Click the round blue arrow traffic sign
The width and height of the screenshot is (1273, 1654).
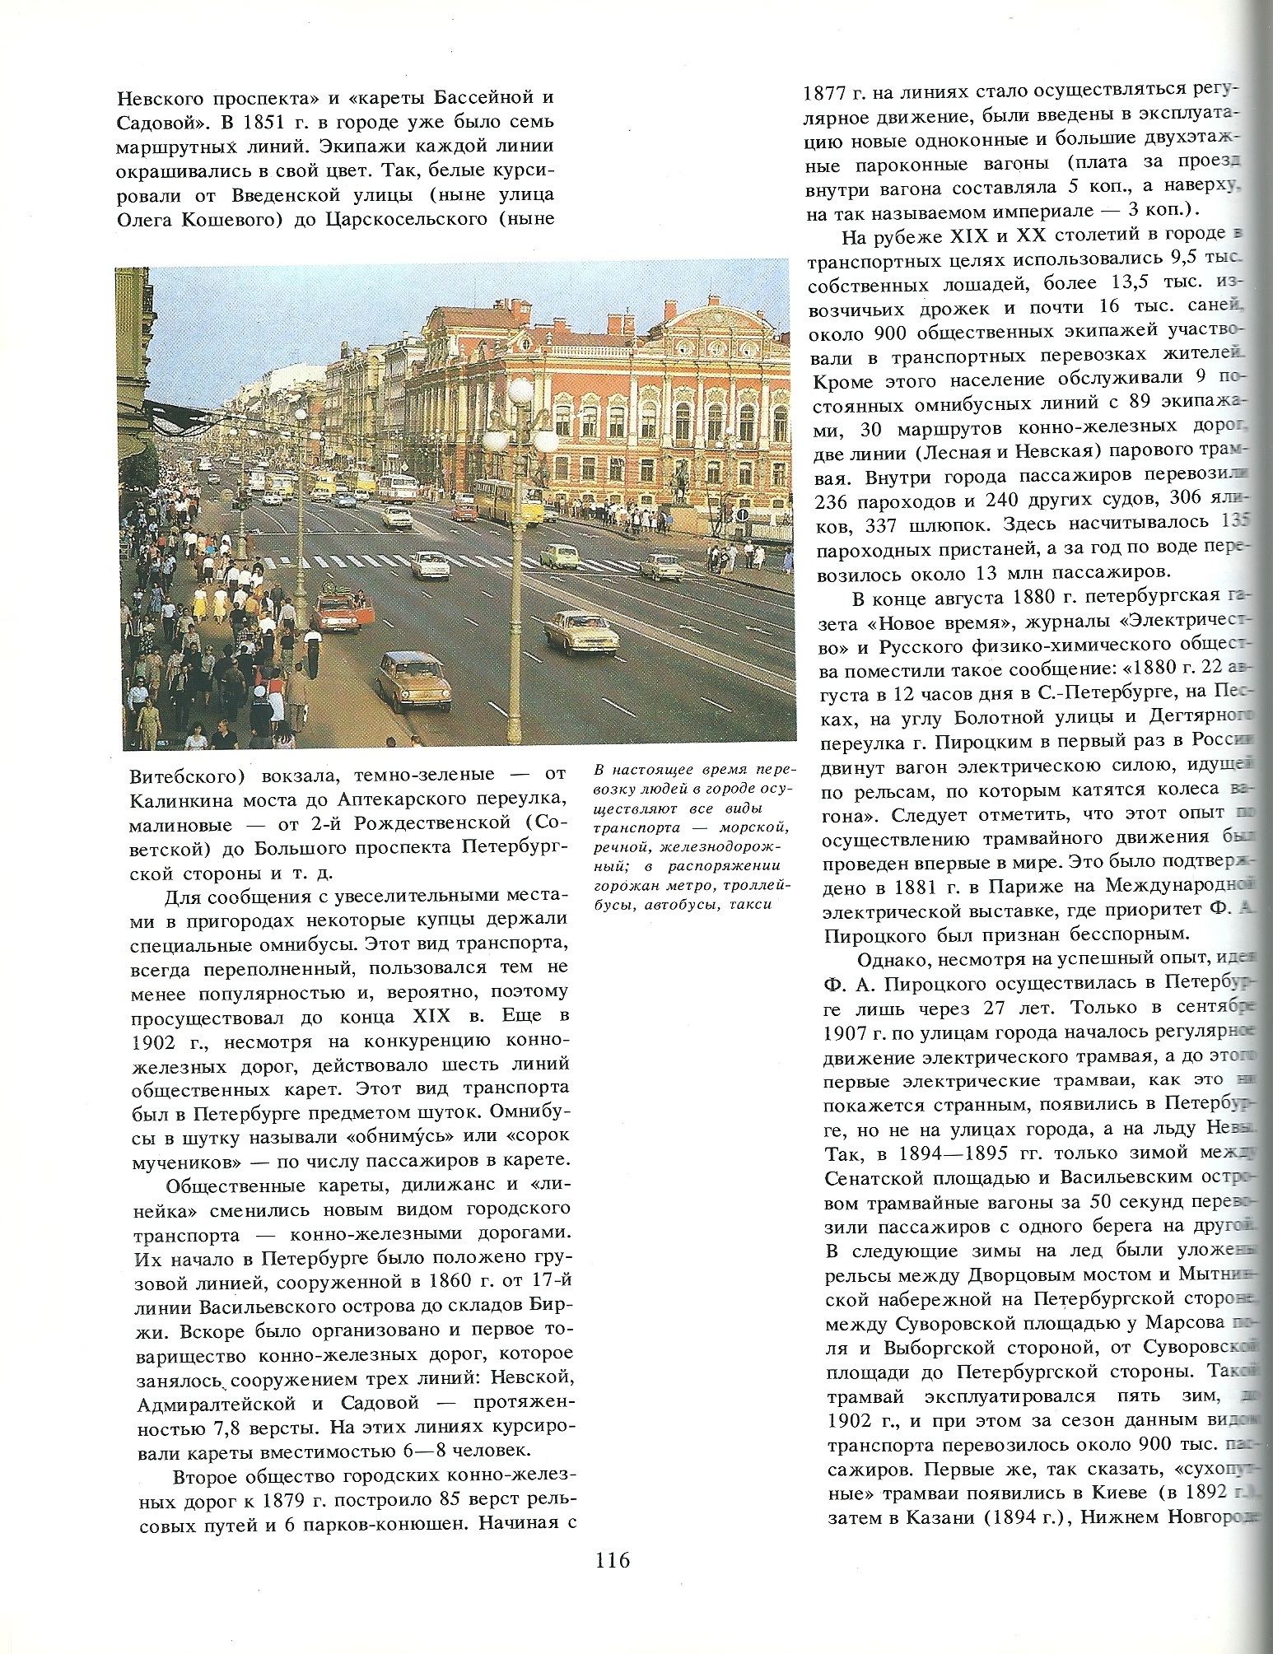(742, 515)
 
